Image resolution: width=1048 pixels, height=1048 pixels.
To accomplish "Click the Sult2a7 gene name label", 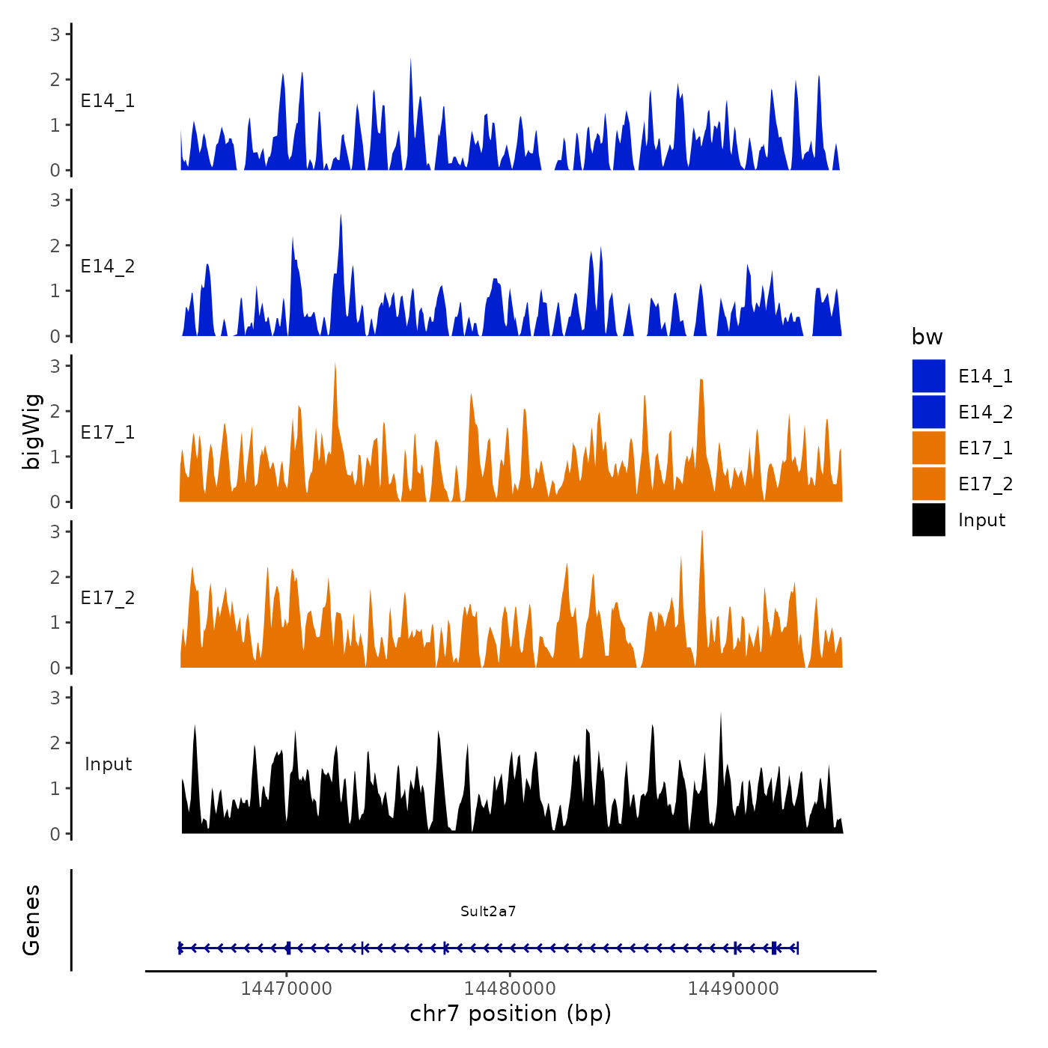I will (x=488, y=911).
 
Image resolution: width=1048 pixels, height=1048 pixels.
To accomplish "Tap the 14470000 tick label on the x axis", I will (x=287, y=988).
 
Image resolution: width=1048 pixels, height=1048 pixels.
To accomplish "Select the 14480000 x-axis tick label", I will (x=510, y=988).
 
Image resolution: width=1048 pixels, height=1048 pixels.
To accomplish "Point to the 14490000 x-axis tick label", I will (x=733, y=988).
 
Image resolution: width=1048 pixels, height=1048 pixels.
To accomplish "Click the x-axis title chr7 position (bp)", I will (x=511, y=1014).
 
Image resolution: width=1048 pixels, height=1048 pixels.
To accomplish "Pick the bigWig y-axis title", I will (x=31, y=432).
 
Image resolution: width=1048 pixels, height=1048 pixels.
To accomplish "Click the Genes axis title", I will (x=31, y=920).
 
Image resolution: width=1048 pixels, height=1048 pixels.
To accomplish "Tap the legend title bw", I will (x=927, y=337).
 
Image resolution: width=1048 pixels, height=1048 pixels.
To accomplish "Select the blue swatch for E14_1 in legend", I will (x=928, y=376).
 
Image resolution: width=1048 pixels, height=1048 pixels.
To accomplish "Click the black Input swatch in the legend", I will (x=928, y=520).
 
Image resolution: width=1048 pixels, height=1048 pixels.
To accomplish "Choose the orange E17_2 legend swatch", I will (x=928, y=484).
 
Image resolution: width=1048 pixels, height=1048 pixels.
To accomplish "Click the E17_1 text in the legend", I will (x=985, y=448).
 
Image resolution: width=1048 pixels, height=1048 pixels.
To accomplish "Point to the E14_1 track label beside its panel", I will (x=108, y=101).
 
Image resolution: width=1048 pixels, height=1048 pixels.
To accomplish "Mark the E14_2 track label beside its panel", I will (x=108, y=266).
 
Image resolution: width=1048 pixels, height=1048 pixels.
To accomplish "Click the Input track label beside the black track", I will (x=108, y=764).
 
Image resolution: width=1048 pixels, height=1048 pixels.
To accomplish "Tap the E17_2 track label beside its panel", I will (x=108, y=598).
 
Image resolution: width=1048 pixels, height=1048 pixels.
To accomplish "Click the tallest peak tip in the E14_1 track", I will (x=410, y=59).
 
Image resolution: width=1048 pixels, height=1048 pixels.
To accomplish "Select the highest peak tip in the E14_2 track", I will (x=341, y=215).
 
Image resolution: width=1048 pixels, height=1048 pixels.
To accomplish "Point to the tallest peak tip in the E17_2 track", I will (x=702, y=531).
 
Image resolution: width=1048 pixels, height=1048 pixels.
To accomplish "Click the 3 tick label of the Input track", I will (x=55, y=698).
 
